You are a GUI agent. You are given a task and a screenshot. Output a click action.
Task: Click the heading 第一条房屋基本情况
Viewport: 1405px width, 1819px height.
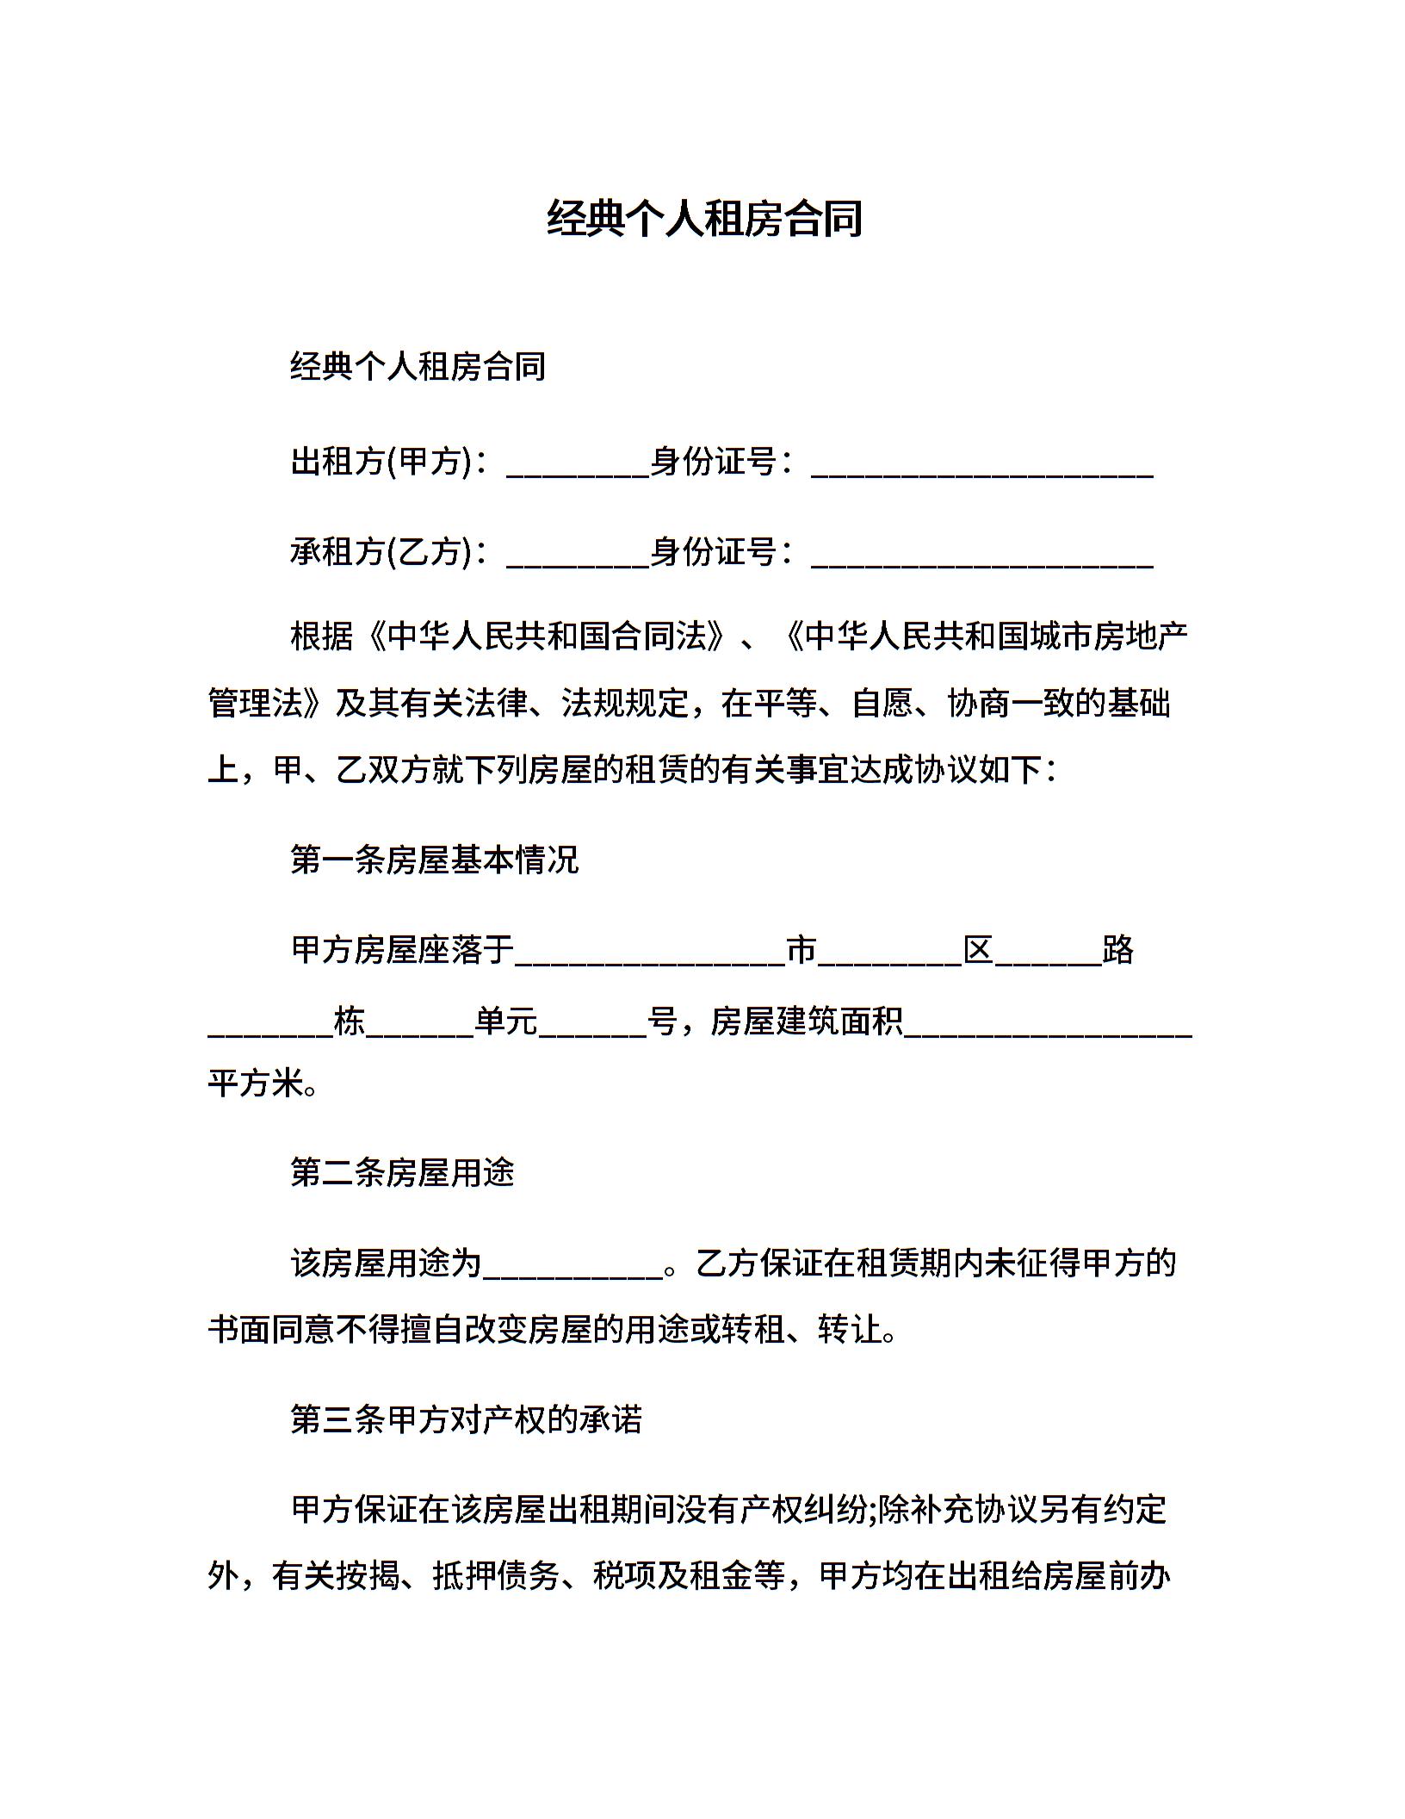tap(435, 860)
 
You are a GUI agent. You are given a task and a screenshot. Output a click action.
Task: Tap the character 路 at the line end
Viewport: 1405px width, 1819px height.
tap(1118, 950)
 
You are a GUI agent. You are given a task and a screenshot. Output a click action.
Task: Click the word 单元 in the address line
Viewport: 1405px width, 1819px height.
tap(506, 1022)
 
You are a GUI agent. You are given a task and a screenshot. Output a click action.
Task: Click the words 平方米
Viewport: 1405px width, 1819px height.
tap(257, 1083)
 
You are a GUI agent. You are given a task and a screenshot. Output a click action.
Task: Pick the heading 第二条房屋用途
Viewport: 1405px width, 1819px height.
tap(402, 1173)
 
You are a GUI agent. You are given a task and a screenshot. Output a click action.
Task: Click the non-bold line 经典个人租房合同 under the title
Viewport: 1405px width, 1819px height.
tap(418, 367)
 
